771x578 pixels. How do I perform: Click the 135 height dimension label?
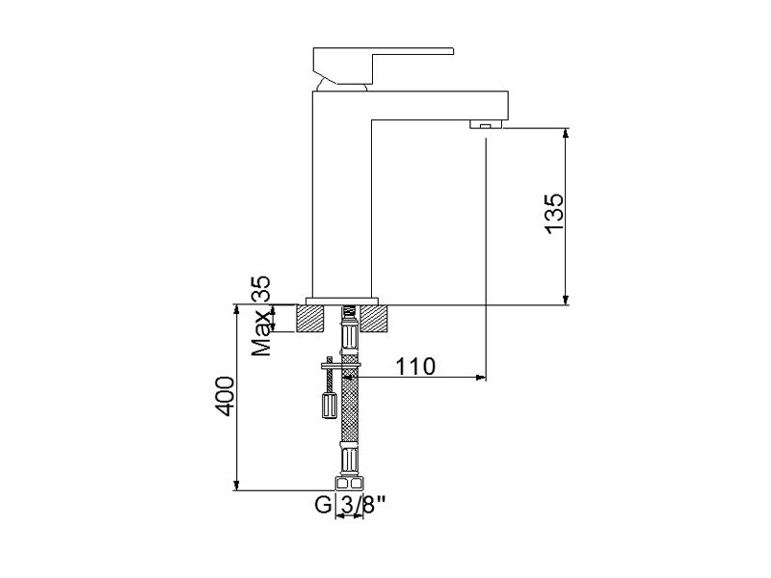point(554,214)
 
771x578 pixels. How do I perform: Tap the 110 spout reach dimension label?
point(415,366)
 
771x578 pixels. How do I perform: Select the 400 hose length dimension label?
point(226,396)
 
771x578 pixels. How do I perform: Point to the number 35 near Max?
point(260,288)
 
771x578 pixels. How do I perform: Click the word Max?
point(261,332)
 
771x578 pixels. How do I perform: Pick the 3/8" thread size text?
point(362,504)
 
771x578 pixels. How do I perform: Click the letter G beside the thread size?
point(324,504)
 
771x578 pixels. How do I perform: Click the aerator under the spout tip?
point(486,124)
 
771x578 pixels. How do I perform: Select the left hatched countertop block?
point(311,319)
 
